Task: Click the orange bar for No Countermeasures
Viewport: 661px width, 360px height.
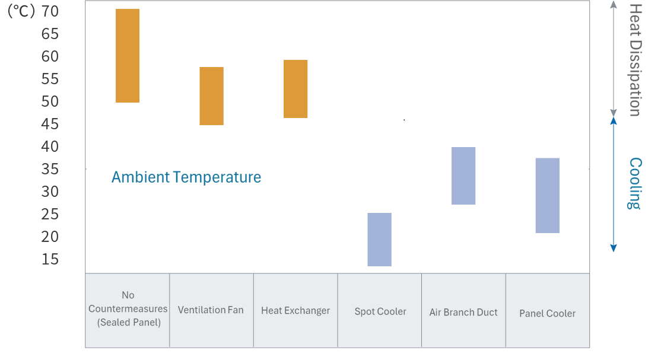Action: tap(128, 56)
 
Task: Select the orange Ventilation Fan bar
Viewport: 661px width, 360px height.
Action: tap(211, 96)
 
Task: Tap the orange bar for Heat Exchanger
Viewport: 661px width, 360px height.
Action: tap(295, 89)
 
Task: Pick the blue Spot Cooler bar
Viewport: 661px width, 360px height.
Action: tap(379, 240)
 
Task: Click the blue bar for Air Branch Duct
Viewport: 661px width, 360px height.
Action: tap(463, 176)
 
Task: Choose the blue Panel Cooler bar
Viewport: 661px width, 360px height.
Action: tap(547, 195)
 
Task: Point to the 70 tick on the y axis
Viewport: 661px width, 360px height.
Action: tap(50, 11)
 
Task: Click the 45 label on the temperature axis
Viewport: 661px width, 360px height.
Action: tap(50, 124)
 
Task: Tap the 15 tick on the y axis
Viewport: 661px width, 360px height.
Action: tap(50, 259)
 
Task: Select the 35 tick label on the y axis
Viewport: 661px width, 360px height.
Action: tap(50, 169)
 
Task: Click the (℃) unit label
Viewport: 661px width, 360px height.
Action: tap(21, 11)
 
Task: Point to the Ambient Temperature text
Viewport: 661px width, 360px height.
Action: tap(186, 177)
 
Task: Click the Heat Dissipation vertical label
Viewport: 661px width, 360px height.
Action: tap(635, 59)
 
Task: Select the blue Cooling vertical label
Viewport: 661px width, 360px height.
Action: tap(635, 183)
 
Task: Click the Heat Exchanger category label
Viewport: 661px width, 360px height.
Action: tap(295, 310)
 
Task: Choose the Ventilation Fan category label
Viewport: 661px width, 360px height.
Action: tap(211, 310)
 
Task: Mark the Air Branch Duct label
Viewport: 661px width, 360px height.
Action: tap(463, 312)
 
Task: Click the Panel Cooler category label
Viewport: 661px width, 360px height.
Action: tap(547, 313)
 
